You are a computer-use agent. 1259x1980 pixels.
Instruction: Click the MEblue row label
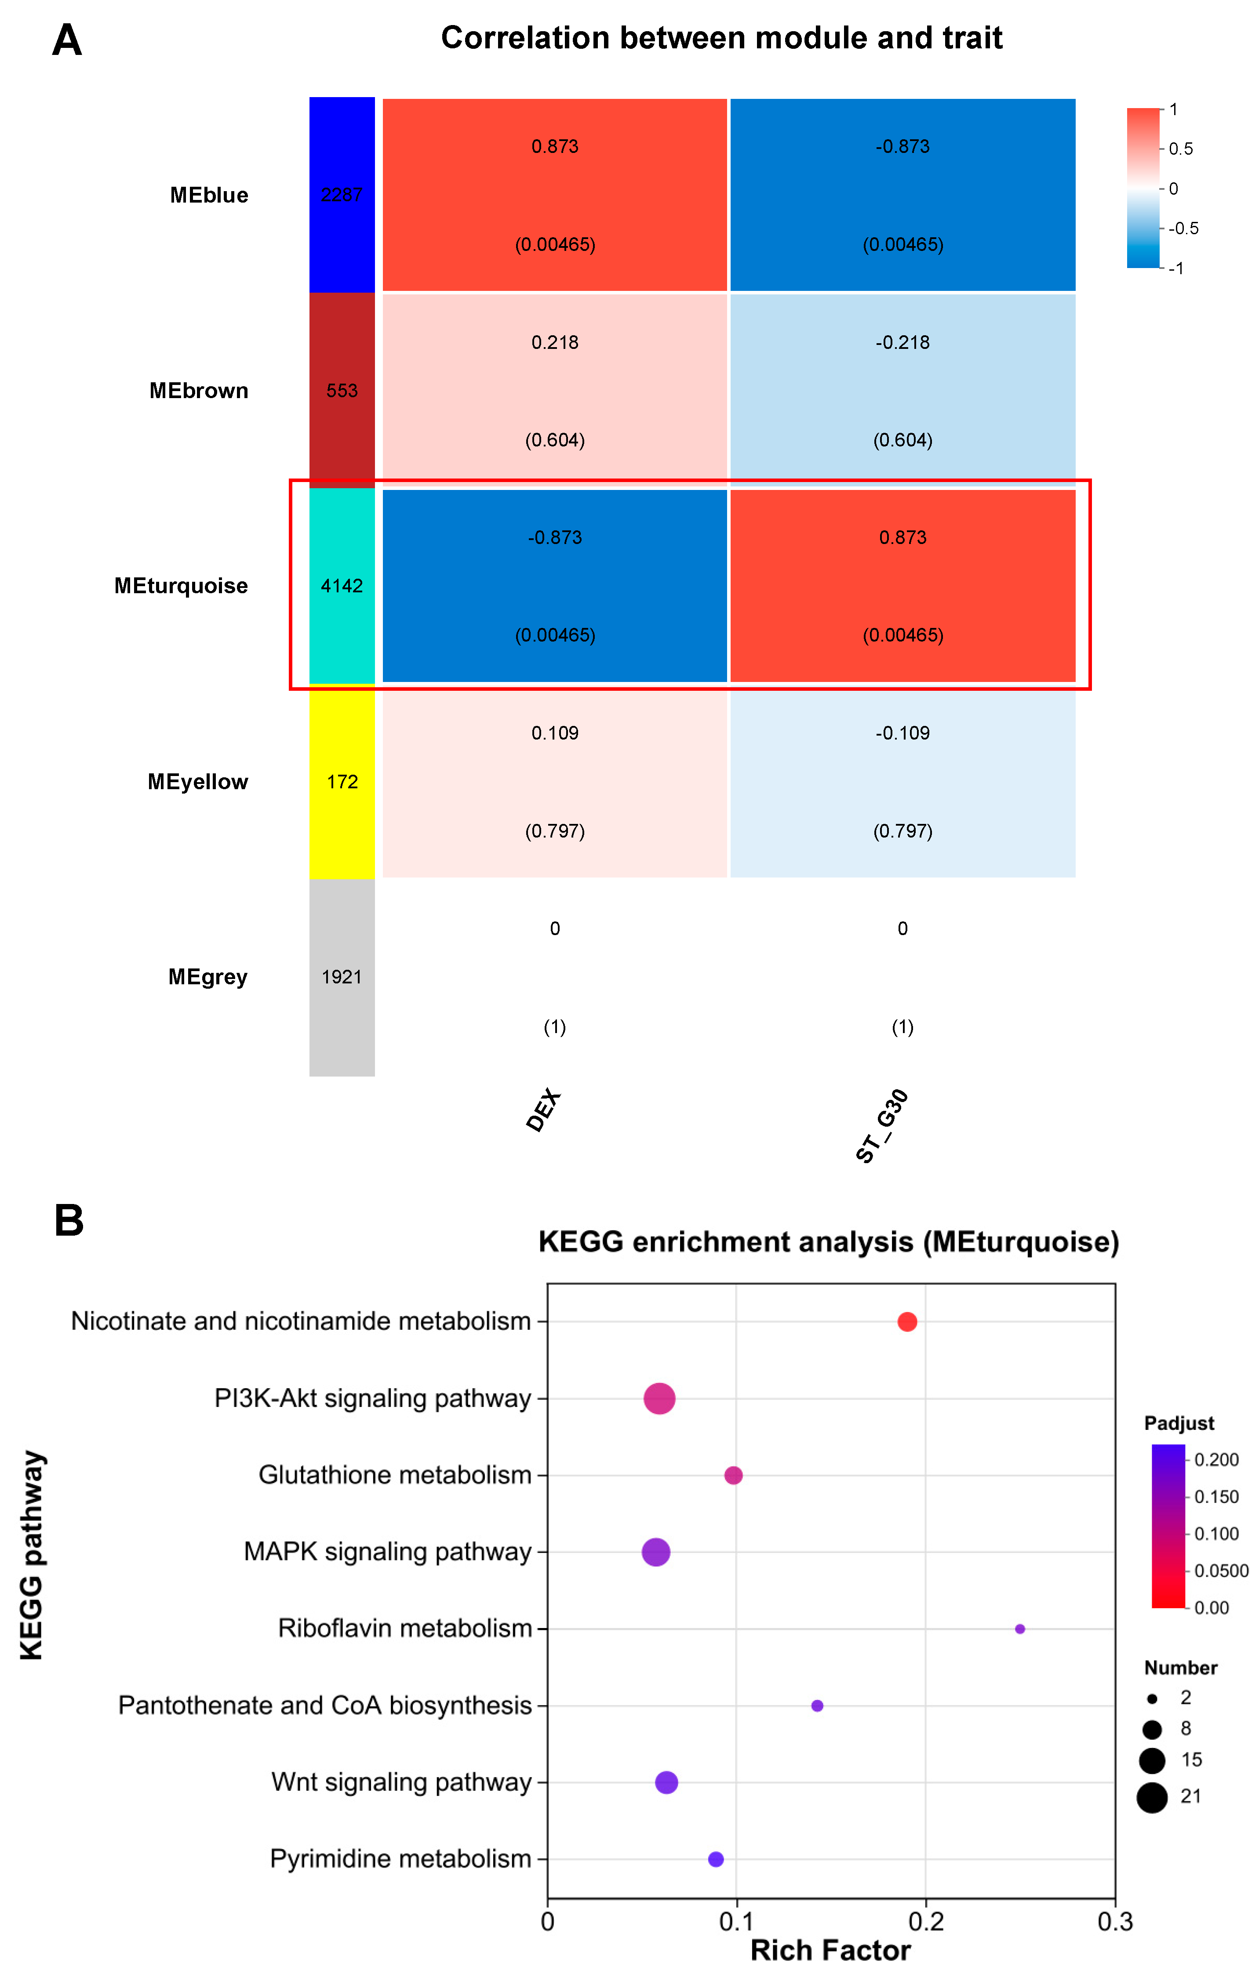pos(209,195)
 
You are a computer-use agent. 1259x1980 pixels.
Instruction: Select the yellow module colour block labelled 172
pos(342,781)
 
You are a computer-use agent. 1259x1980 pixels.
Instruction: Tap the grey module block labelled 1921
pos(342,977)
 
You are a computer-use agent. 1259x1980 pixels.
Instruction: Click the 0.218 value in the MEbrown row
pos(555,342)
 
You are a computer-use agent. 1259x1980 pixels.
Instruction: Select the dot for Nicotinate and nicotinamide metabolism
pos(907,1321)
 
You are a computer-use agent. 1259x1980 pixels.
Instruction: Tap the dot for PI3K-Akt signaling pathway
pos(659,1398)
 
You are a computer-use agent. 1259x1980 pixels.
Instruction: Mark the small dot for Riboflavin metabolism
pos(1020,1629)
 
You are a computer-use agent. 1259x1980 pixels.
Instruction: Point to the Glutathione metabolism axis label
pos(395,1475)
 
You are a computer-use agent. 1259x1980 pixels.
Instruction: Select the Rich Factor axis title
pos(830,1951)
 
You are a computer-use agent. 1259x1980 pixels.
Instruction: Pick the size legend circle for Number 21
pos(1152,1798)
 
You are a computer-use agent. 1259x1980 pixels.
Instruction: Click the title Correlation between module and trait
pos(721,38)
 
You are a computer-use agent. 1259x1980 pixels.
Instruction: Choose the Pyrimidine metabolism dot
pos(715,1859)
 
